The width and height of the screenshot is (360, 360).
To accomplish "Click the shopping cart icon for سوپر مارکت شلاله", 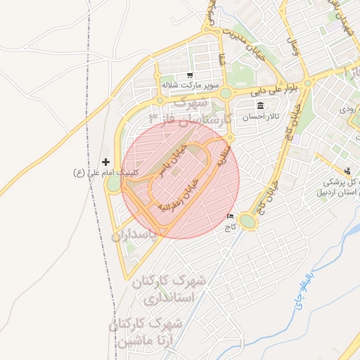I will [x=189, y=75].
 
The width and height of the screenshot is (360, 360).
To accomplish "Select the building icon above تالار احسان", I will [x=261, y=105].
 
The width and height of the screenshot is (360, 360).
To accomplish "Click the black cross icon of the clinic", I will [x=106, y=162].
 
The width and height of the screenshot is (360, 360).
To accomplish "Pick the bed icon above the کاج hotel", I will [x=231, y=217].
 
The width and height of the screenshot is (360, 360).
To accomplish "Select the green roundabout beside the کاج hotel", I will [x=247, y=222].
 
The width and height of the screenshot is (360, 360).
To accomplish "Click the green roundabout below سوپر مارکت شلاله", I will [x=225, y=94].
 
